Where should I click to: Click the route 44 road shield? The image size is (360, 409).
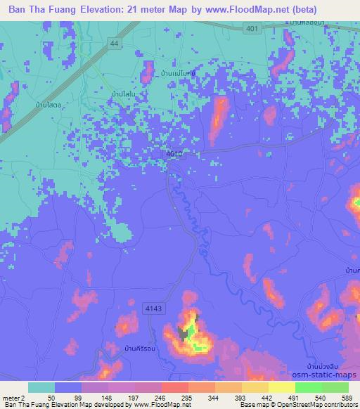click(113, 44)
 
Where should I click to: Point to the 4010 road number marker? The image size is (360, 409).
click(175, 153)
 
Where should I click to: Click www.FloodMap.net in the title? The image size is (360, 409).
click(257, 10)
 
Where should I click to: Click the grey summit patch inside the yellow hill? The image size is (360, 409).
click(186, 335)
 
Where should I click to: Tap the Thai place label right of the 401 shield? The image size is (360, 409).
click(312, 23)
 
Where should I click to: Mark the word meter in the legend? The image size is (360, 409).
click(10, 398)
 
